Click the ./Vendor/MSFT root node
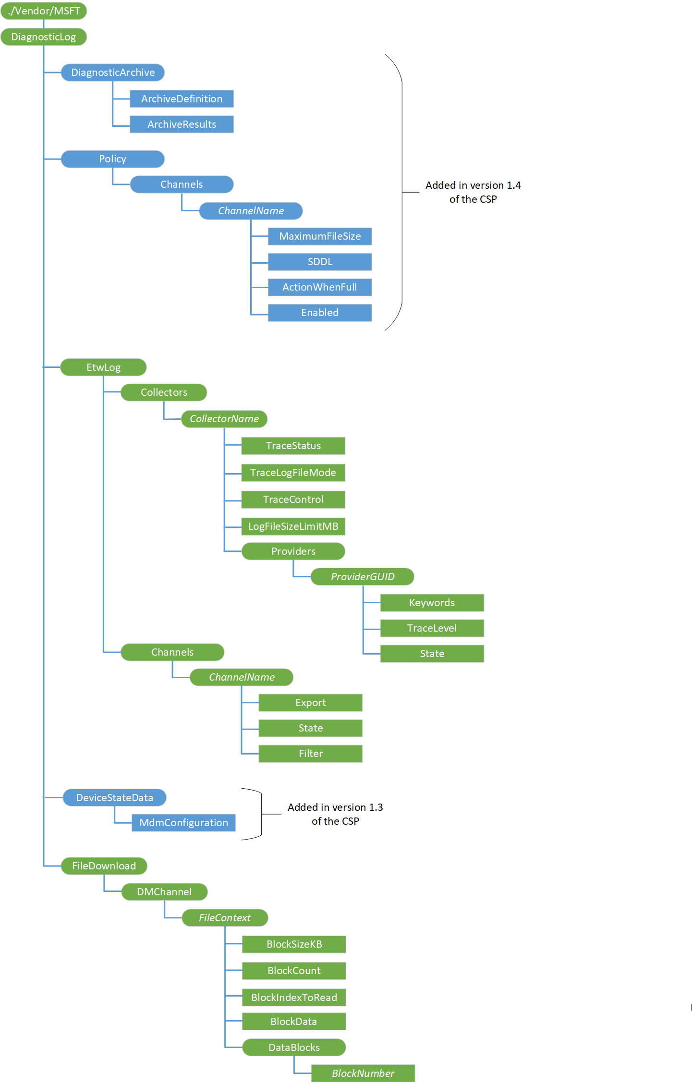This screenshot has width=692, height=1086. tap(44, 11)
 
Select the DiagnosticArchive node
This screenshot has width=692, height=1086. tap(113, 73)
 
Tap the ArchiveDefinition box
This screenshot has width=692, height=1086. tap(182, 99)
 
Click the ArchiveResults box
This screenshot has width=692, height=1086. tap(182, 124)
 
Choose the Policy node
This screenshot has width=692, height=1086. tap(113, 159)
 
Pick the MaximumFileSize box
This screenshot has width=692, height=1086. tap(320, 236)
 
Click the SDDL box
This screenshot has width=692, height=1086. tap(320, 262)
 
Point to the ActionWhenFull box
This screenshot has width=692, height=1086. tap(320, 287)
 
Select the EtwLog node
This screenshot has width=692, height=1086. tap(103, 367)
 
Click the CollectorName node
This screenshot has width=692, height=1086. tap(224, 419)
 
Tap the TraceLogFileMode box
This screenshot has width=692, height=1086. tap(293, 473)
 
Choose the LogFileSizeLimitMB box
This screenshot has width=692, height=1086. tap(293, 526)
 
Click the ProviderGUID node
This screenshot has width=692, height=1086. tap(363, 577)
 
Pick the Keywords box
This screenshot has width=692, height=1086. tap(432, 603)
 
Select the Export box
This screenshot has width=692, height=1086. tap(310, 703)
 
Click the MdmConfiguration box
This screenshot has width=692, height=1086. tap(183, 823)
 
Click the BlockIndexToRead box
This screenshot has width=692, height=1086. tap(294, 998)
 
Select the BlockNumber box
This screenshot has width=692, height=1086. tap(363, 1074)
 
